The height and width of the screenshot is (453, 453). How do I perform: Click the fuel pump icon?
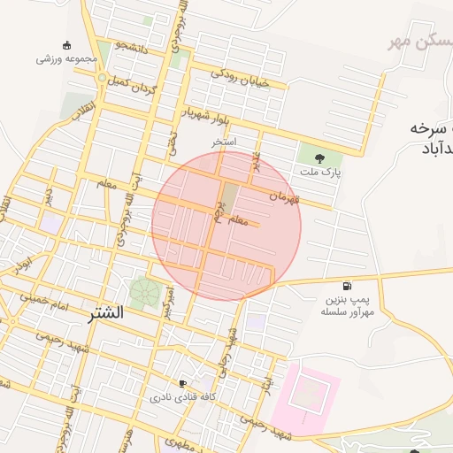pos(345,287)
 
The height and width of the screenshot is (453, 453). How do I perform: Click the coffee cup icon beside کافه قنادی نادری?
pos(182,384)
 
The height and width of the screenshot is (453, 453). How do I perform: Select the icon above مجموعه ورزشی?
pos(66,45)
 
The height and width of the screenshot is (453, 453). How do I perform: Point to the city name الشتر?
pos(106,314)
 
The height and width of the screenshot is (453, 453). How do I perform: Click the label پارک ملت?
pos(320,172)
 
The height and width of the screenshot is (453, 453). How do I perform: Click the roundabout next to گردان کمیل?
pos(103,79)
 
